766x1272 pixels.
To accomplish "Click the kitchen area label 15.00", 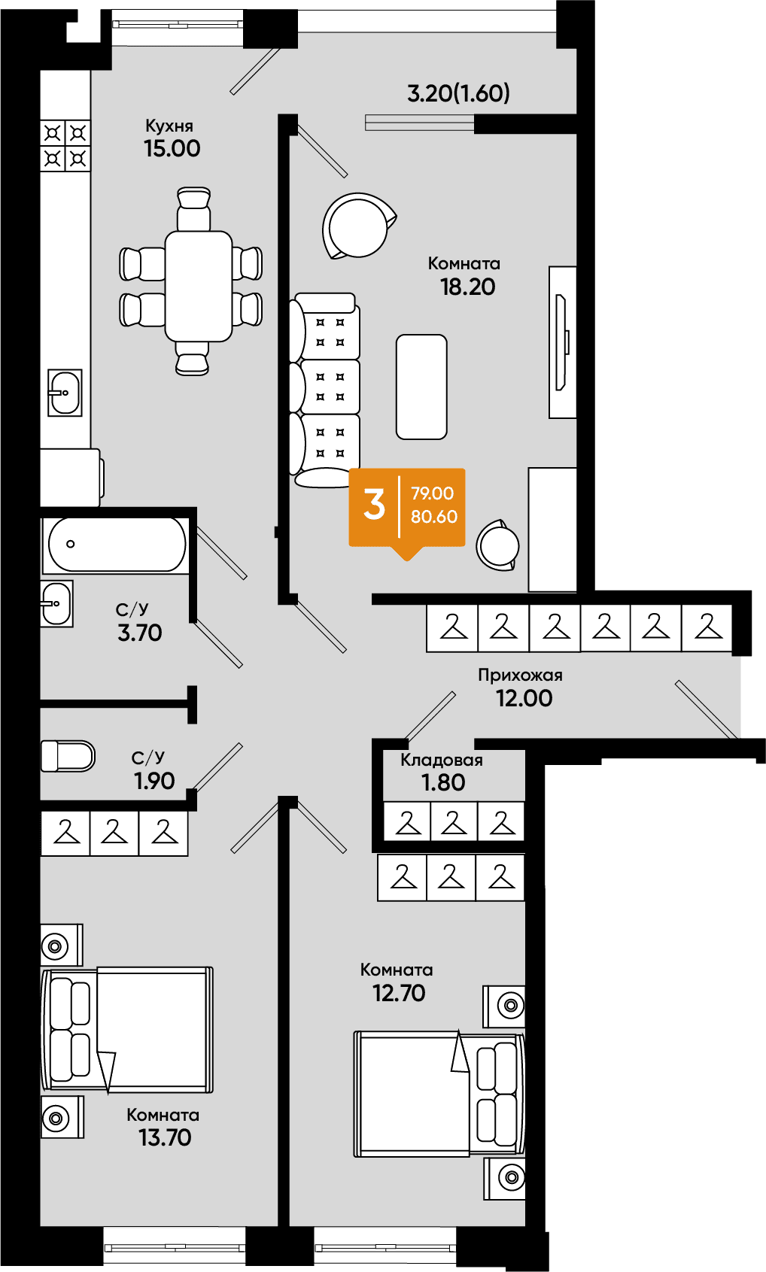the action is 172,149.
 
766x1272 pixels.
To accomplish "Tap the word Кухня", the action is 169,126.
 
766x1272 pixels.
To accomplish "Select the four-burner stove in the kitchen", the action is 65,145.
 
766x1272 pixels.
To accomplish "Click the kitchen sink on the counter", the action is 65,393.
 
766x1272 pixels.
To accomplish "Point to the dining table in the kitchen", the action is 199,286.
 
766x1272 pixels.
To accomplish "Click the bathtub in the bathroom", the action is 117,544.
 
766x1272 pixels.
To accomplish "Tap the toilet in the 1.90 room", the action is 68,756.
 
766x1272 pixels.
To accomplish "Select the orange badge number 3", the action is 375,504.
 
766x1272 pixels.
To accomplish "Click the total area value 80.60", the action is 434,517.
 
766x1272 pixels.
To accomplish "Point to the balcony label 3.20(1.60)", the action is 459,93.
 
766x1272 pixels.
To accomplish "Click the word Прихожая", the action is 520,675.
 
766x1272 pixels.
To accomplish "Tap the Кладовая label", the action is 442,760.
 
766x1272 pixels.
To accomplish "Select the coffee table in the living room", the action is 421,387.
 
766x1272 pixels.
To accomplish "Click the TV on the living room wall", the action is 562,342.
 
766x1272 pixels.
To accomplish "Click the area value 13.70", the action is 166,1137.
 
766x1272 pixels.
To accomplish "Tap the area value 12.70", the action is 400,993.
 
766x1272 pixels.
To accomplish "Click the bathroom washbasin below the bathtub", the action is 56,603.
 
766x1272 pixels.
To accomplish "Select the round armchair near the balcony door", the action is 358,226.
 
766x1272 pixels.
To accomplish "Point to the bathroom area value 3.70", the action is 140,633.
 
